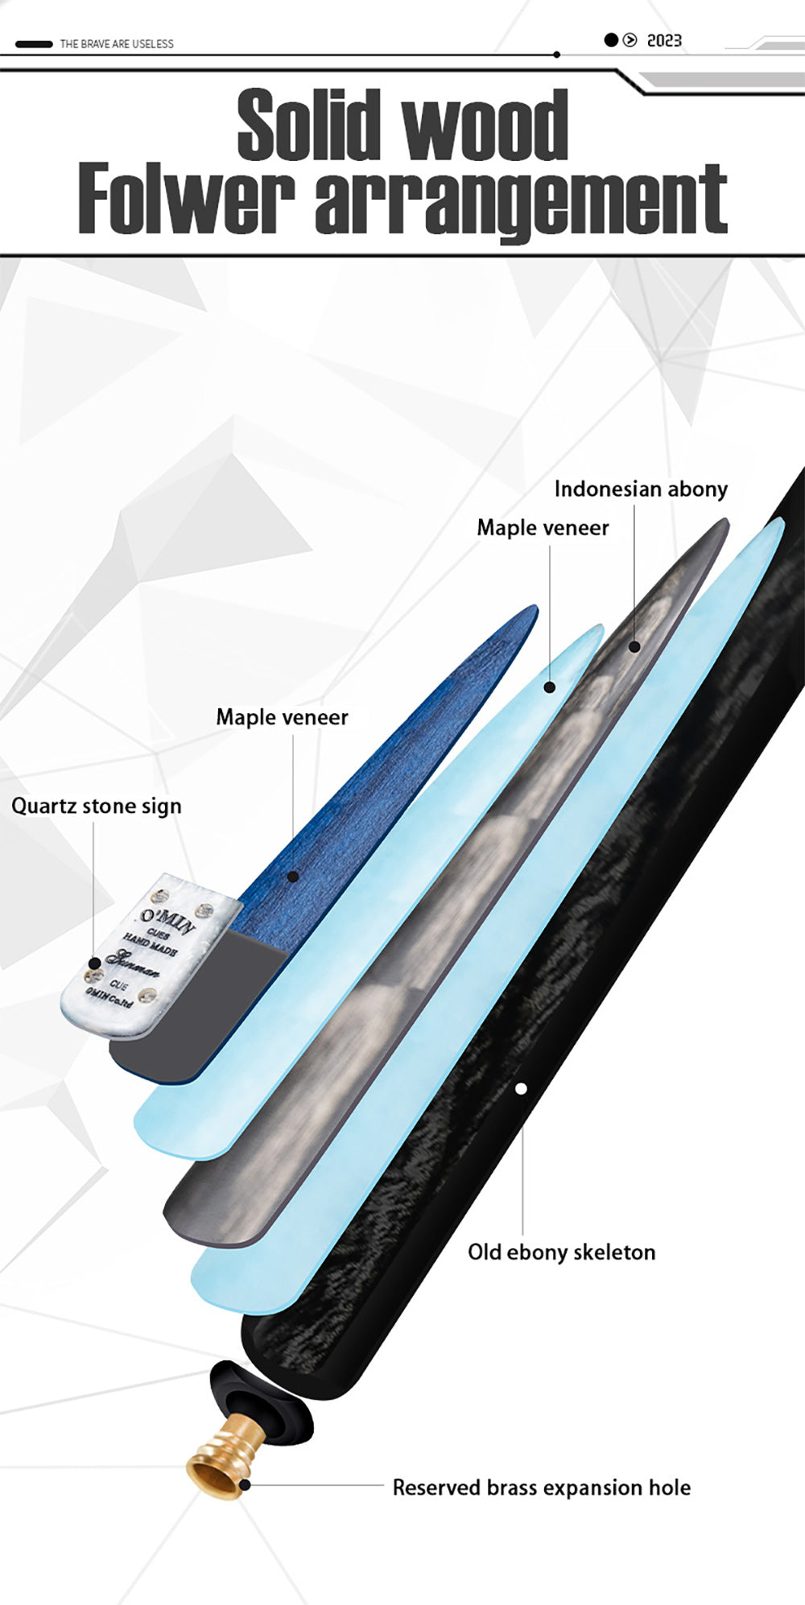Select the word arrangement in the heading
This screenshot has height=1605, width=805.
[521, 201]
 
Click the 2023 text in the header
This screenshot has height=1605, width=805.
[664, 40]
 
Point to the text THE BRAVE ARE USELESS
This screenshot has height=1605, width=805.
[117, 44]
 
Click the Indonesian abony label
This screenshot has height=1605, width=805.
[641, 489]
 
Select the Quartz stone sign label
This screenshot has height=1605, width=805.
[97, 806]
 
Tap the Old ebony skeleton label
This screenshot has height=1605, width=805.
[561, 1252]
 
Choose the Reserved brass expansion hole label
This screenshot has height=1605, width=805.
[541, 1487]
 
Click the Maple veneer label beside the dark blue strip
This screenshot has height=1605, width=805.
[282, 717]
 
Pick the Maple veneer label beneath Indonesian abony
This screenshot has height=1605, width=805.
[543, 528]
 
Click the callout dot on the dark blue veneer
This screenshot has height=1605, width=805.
[293, 877]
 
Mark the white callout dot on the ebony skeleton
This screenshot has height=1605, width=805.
[521, 1089]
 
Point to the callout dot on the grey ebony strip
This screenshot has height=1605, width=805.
[634, 646]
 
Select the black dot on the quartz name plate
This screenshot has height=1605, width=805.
[94, 963]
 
